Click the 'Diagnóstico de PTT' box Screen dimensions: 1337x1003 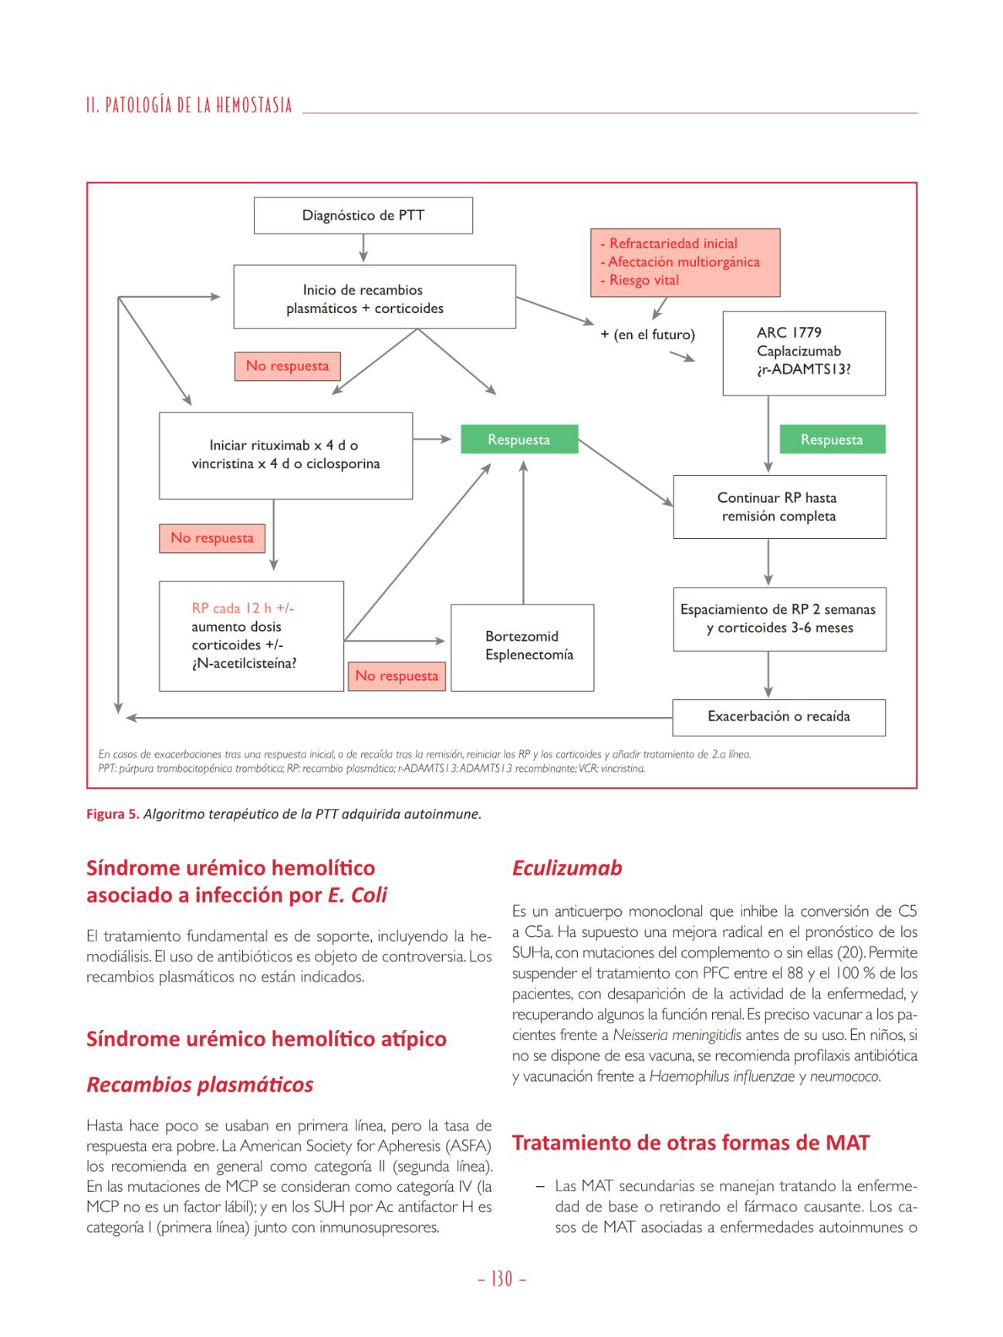tap(363, 215)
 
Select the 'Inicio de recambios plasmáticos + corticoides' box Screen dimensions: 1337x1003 tap(374, 297)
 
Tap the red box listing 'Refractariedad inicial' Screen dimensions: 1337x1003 tap(685, 262)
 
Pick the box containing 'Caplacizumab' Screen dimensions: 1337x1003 tap(803, 352)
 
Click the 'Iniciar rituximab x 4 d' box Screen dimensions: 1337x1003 tap(285, 455)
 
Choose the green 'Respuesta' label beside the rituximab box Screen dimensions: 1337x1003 tap(519, 439)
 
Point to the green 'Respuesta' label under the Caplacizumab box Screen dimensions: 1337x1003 tap(832, 439)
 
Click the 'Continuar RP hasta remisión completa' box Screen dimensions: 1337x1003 tap(779, 507)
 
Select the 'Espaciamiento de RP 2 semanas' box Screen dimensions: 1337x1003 tap(779, 619)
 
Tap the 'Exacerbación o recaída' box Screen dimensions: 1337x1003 tap(778, 717)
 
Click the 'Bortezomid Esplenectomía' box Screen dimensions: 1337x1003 tap(522, 647)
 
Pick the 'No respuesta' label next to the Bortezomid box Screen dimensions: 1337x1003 tap(397, 676)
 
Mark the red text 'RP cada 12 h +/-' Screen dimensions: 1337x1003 tap(243, 608)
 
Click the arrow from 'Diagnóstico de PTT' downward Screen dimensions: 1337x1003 tap(363, 248)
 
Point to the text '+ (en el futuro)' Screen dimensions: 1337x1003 tap(648, 335)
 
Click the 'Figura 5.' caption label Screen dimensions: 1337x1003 tap(113, 814)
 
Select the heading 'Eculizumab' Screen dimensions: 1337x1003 tap(567, 868)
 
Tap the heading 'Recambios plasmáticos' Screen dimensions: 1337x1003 tap(200, 1085)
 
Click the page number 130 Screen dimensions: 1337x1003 tap(501, 1279)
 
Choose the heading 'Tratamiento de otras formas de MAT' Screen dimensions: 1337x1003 tap(691, 1143)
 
